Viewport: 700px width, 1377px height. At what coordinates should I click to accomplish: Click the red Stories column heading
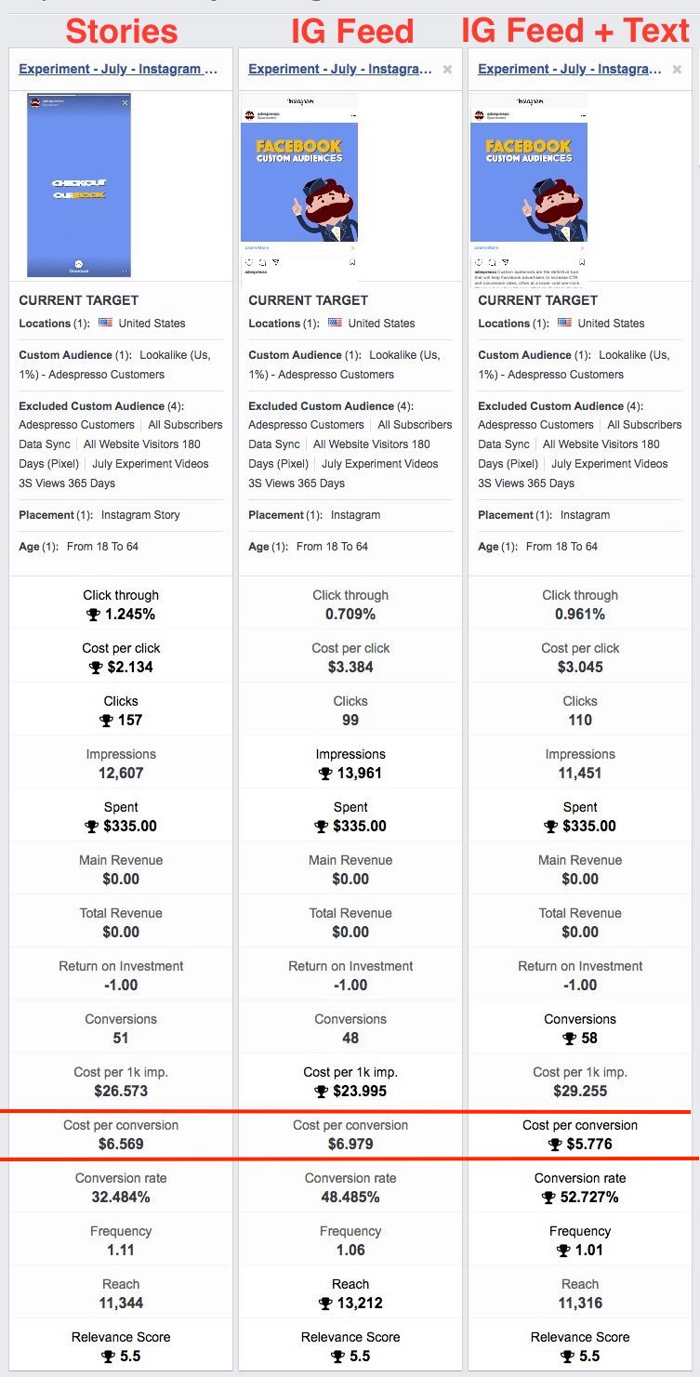tap(121, 32)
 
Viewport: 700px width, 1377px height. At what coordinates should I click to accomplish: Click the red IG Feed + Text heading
tap(575, 32)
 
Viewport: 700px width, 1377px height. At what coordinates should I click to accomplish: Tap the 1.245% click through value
tap(130, 614)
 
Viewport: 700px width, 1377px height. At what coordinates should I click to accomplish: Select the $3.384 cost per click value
tap(350, 667)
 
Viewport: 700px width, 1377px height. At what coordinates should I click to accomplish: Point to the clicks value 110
tap(580, 720)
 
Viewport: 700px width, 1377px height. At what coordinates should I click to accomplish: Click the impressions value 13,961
tap(359, 773)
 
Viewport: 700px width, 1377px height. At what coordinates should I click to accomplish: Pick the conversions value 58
tap(588, 1038)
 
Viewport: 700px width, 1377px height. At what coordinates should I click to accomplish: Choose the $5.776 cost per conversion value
tap(588, 1144)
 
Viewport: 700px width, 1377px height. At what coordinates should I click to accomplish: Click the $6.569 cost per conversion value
tap(121, 1144)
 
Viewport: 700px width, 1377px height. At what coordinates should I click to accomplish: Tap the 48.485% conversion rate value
tap(350, 1197)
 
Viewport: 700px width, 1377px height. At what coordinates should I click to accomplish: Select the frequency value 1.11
tap(121, 1250)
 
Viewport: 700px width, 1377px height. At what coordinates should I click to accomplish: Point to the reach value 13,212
tap(359, 1303)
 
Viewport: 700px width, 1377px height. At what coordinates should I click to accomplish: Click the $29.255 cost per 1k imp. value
tap(580, 1091)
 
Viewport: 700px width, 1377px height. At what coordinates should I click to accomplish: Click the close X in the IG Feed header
tap(447, 69)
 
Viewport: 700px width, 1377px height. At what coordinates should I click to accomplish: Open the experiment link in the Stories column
tap(118, 69)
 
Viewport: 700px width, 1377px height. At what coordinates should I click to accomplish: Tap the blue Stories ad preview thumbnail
tap(79, 185)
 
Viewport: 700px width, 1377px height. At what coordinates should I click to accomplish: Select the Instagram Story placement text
tap(140, 514)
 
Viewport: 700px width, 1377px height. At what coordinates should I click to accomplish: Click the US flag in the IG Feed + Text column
tap(565, 323)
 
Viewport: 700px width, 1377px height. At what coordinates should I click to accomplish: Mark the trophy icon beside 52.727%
tap(549, 1198)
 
